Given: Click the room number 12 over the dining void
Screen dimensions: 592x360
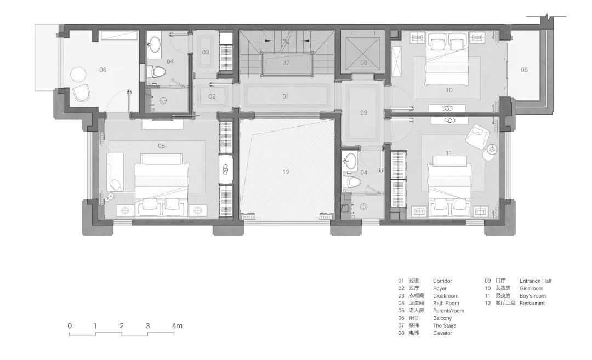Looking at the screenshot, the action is pos(286,172).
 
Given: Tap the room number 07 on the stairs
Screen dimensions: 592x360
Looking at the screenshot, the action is pos(286,63).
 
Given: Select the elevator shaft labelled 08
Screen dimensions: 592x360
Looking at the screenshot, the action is pos(363,52).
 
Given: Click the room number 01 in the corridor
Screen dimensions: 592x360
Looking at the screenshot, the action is pos(286,96).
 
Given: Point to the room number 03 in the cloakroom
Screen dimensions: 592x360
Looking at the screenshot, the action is pos(206,52).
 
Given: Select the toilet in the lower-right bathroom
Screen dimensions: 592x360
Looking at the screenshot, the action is pos(352,182).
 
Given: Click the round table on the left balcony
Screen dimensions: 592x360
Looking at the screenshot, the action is pos(78,75).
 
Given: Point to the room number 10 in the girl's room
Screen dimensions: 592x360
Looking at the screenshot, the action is pos(449,90).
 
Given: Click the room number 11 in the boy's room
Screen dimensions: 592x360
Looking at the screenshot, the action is pos(448,153).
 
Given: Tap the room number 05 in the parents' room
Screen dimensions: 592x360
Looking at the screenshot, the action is pos(161,146).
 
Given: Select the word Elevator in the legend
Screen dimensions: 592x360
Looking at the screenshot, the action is pos(442,333).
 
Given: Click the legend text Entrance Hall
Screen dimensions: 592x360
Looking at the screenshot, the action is pos(536,281).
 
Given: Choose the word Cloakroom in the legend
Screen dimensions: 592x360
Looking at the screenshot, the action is pos(446,296).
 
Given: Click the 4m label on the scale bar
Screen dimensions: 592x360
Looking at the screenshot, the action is pos(177,325).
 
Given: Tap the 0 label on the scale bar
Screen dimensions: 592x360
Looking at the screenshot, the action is pos(70,325).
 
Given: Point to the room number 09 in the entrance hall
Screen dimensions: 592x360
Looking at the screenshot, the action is pos(363,112).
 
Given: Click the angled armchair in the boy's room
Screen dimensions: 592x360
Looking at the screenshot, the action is pos(477,136).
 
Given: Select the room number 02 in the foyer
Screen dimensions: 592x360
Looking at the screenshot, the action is pos(212,96).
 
